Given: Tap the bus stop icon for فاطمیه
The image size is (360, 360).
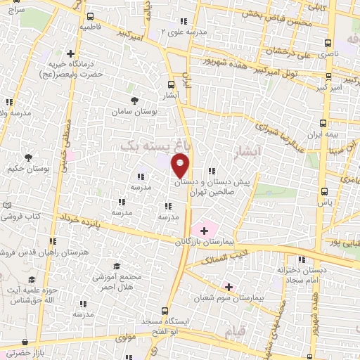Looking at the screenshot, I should [x=89, y=16].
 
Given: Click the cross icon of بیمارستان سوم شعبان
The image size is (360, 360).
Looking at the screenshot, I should [x=228, y=286].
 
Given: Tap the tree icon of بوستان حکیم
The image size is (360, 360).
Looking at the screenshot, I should [x=29, y=157].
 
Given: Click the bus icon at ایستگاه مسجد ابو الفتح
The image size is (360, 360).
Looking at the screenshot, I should [x=165, y=310].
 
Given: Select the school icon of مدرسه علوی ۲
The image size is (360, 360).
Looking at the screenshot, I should [x=184, y=21].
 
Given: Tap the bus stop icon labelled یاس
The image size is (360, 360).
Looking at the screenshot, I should [x=323, y=191].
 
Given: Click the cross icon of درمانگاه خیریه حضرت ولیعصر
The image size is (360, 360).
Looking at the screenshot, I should [x=70, y=53].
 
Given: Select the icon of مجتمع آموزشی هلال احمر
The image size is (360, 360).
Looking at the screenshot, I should [x=115, y=266].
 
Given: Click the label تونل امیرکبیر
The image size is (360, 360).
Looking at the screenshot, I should [x=296, y=72].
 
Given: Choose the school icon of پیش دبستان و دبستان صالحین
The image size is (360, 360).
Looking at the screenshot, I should [x=211, y=172].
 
